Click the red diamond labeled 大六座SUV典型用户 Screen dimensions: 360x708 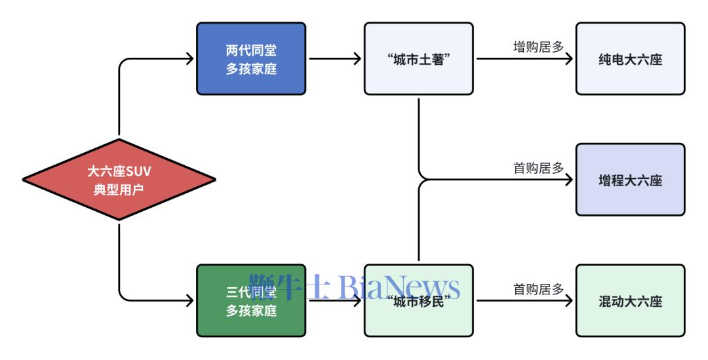(x=119, y=180)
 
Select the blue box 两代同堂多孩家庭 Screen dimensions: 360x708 (x=251, y=59)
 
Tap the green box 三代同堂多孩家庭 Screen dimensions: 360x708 (x=251, y=300)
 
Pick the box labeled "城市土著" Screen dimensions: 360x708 (x=418, y=59)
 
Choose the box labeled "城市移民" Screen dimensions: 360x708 (x=418, y=300)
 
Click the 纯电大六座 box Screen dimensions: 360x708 (x=630, y=59)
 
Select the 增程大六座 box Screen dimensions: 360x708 (x=630, y=180)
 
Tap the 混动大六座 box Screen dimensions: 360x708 (x=630, y=300)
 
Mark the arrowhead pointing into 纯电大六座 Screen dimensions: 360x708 (x=569, y=59)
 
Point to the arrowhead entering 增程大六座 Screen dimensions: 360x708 (x=569, y=180)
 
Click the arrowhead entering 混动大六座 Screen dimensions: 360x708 (x=569, y=300)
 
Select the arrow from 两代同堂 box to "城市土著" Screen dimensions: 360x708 (x=334, y=59)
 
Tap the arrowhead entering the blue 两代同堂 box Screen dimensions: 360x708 (x=190, y=59)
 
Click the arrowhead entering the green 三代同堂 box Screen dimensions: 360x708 (x=190, y=300)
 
